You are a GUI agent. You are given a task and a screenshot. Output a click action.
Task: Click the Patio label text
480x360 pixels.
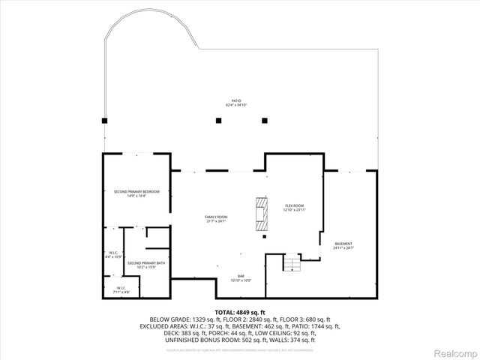tap(235, 101)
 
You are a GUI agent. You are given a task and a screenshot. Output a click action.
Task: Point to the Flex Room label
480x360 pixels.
tap(293, 205)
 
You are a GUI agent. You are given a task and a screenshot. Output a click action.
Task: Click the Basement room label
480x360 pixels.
tap(343, 243)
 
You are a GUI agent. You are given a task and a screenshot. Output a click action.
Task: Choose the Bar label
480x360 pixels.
tap(241, 276)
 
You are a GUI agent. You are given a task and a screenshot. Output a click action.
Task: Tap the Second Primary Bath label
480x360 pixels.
tap(141, 263)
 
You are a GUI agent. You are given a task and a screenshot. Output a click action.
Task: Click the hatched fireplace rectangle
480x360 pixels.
tap(260, 214)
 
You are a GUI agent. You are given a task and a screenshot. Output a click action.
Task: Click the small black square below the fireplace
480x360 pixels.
tap(264, 236)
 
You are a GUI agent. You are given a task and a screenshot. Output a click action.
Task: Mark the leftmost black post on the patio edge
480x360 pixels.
tap(106, 120)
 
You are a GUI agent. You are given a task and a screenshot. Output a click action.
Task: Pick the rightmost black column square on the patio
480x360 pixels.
tap(264, 120)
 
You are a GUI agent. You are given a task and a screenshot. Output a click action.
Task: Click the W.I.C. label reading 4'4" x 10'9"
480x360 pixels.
tap(115, 253)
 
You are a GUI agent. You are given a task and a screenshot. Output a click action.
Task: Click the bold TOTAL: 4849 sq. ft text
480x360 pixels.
tap(240, 311)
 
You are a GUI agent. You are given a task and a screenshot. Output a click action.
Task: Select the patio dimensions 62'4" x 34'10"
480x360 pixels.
tap(235, 106)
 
